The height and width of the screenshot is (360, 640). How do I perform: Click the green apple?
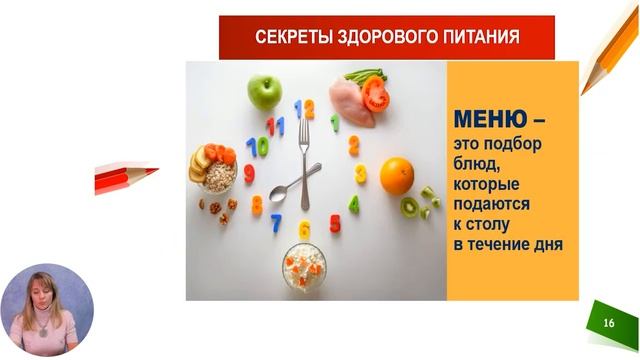pos(264,92)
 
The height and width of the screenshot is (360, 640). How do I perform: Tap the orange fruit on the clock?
pos(397,176)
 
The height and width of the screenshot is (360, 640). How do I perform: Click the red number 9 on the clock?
pos(249,173)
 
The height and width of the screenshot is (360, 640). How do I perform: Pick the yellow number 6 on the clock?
pos(304,230)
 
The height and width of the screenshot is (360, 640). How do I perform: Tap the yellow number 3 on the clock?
pos(360,173)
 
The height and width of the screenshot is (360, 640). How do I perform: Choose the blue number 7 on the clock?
pos(276,222)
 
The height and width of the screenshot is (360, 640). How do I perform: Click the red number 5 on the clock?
pos(335,223)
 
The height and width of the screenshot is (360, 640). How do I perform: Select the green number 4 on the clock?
pos(353,204)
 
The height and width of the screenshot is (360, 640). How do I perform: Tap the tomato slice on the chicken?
pos(375,95)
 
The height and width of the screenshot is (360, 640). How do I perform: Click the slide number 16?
pos(609,323)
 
